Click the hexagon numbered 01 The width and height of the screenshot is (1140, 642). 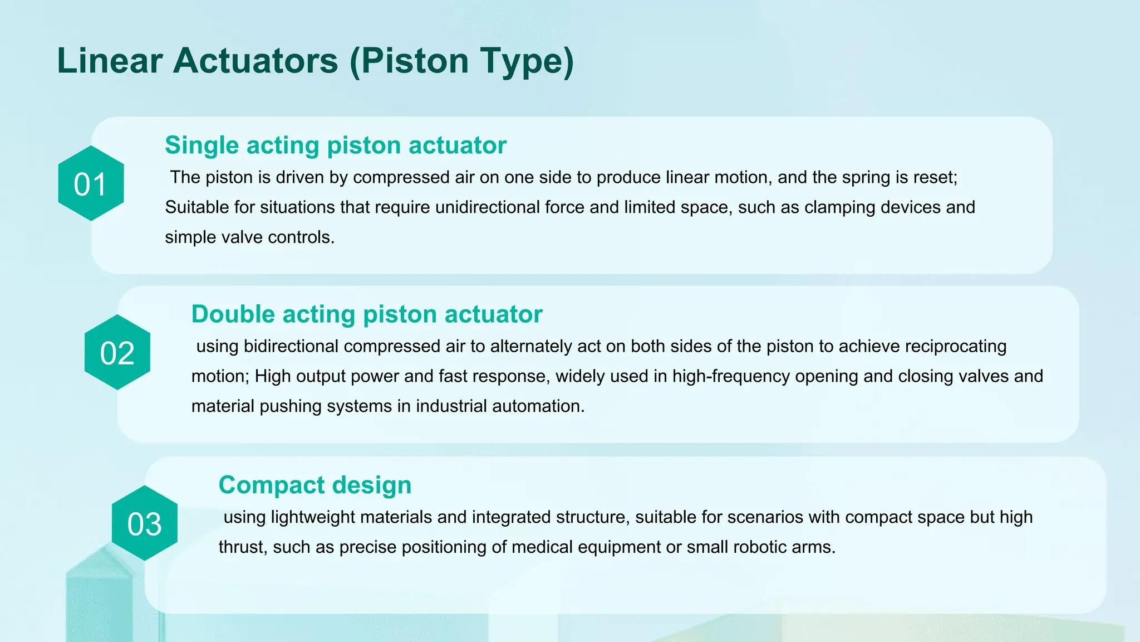click(91, 184)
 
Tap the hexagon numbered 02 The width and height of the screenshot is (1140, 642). click(117, 353)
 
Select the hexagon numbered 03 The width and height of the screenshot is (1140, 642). click(145, 523)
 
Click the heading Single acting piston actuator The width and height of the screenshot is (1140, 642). click(335, 145)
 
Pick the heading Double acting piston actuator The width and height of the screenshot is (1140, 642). click(366, 314)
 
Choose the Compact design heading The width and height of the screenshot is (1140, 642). click(315, 485)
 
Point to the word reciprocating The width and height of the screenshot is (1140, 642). click(955, 346)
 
